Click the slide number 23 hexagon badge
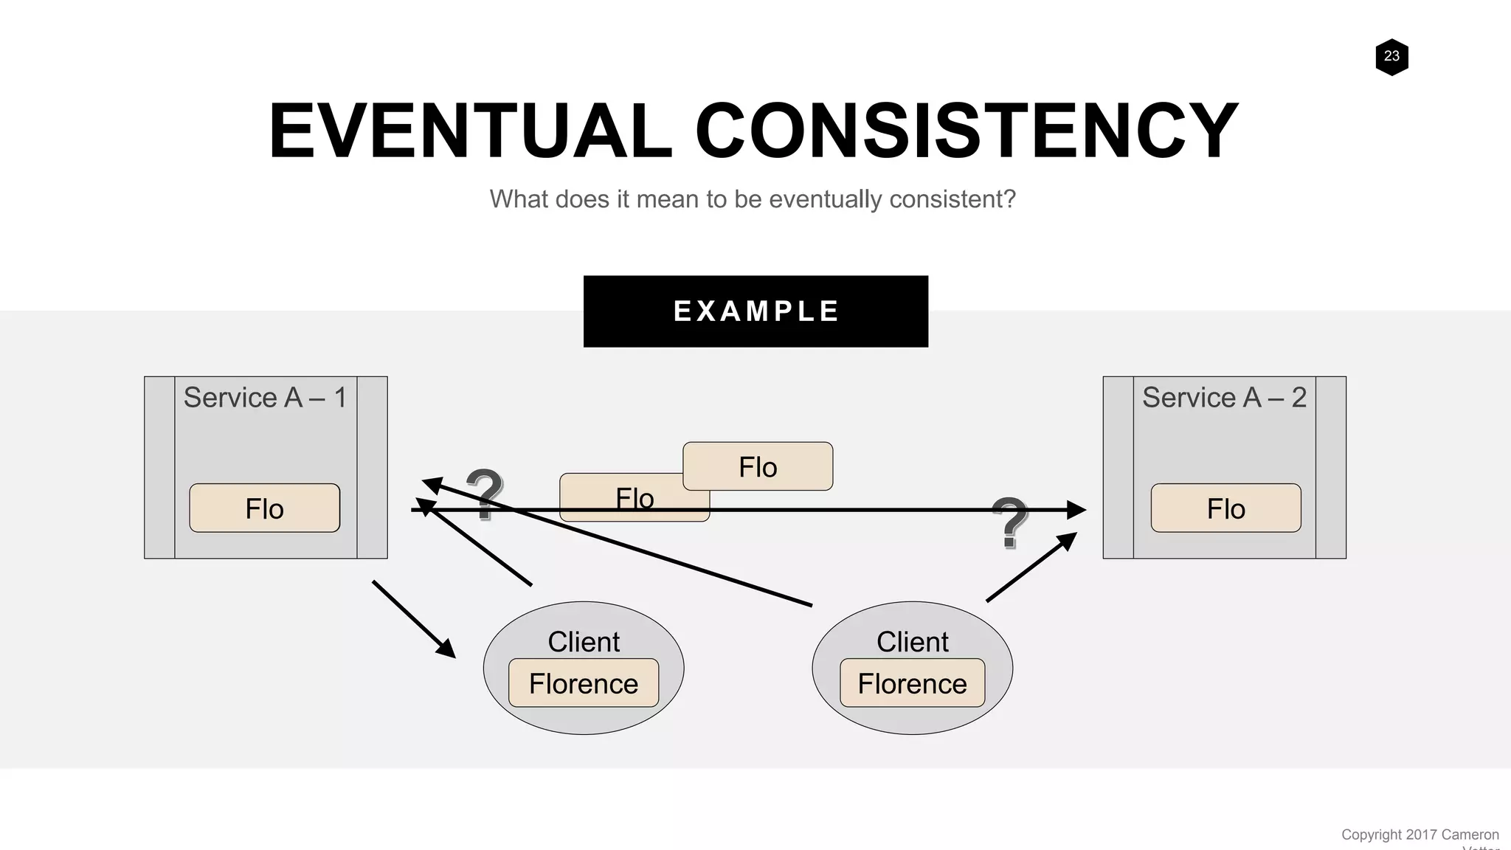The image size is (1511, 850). [x=1391, y=57]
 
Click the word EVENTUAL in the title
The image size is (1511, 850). [x=470, y=131]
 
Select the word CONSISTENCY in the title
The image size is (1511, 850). [x=966, y=131]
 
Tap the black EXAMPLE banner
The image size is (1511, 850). [x=755, y=311]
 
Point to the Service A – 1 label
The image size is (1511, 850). [x=265, y=398]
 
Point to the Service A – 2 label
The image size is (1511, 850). [x=1224, y=398]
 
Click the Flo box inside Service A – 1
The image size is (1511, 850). [x=265, y=508]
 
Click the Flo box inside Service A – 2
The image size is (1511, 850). [x=1225, y=508]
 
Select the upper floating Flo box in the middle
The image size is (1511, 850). [x=758, y=466]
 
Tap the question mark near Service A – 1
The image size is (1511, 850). [x=484, y=493]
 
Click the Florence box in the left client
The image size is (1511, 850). [x=584, y=683]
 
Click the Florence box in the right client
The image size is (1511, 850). [x=912, y=683]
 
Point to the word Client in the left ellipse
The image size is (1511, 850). [x=584, y=642]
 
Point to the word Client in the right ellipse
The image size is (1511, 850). [x=912, y=642]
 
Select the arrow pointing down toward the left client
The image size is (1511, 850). [x=413, y=618]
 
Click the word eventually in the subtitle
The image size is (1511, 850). [x=825, y=199]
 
